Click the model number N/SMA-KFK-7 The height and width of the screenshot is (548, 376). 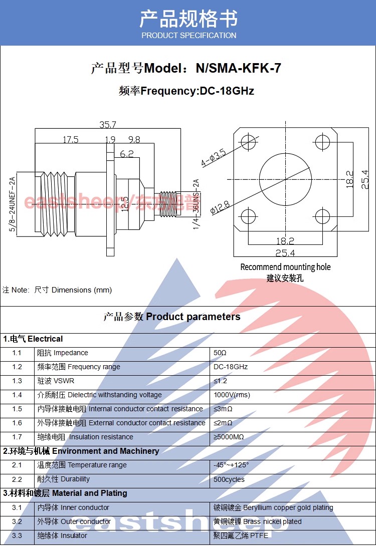point(238,68)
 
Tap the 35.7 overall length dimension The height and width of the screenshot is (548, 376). point(107,125)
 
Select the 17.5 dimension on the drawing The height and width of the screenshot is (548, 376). point(70,140)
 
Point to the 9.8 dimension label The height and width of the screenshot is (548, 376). point(134,140)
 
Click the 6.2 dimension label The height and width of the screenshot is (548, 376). point(127,154)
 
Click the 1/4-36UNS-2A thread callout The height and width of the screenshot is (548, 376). point(196,204)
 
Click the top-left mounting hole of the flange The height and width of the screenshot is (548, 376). point(248,141)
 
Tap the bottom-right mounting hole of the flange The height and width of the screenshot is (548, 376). point(322,216)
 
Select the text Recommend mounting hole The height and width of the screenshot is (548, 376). point(285,267)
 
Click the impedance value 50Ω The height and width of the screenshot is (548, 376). point(220,353)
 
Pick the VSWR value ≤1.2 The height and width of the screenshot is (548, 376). point(220,381)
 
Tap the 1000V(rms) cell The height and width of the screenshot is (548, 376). point(232,395)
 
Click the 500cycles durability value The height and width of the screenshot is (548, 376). point(229,479)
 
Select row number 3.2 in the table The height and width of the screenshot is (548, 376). point(17,521)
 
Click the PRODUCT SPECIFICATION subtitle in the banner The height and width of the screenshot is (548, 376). point(189,36)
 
